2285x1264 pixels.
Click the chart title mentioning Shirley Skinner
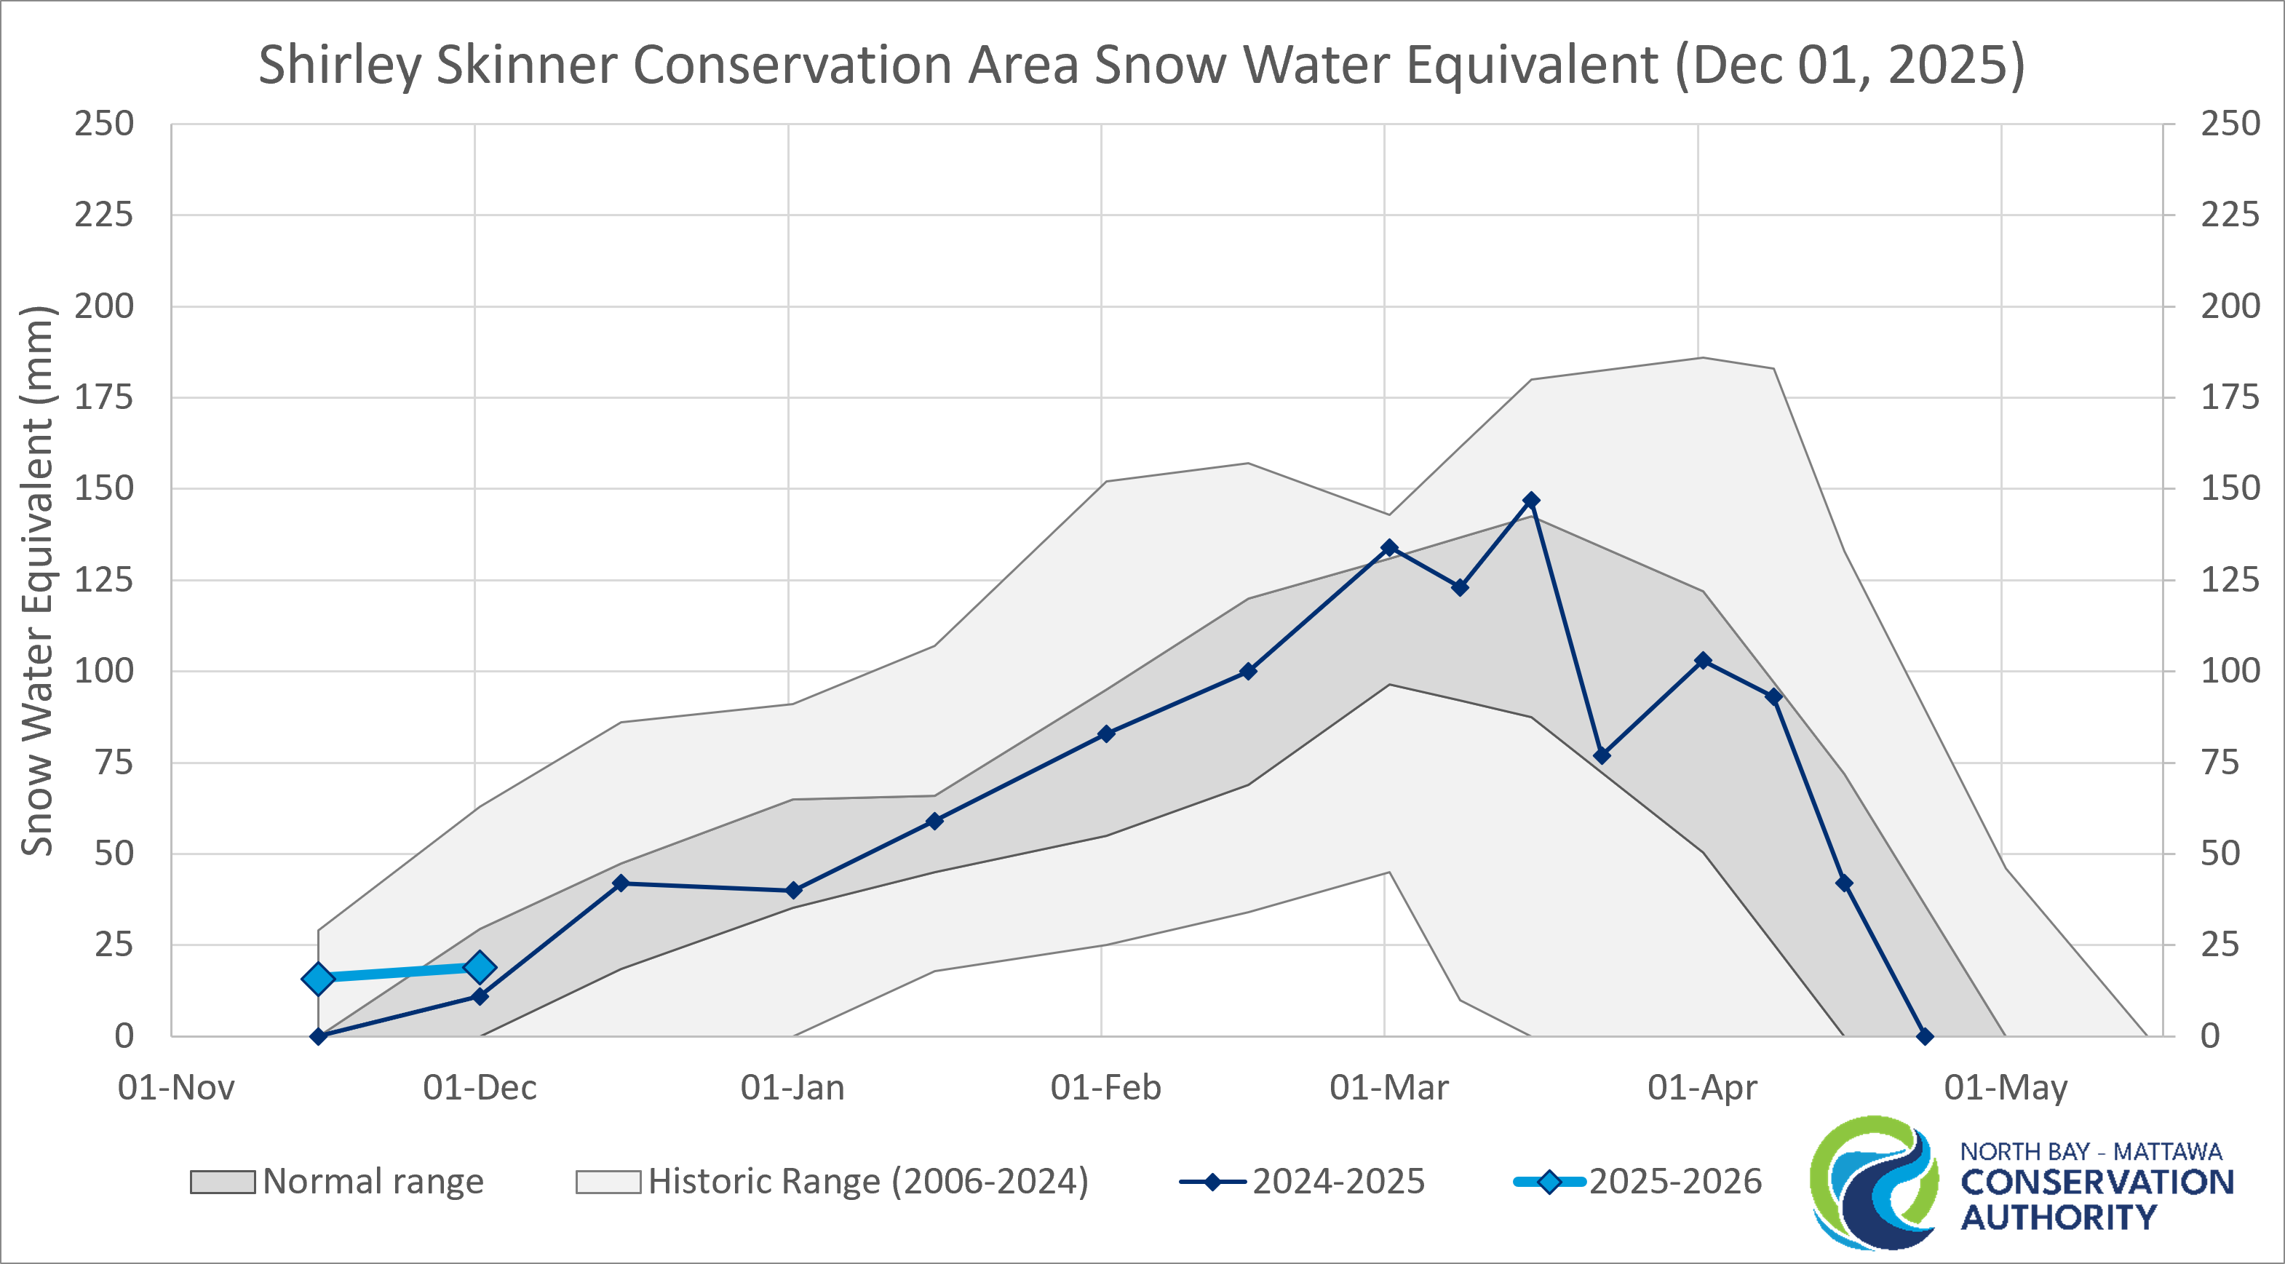1142,65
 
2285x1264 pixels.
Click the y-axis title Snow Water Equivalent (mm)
37,581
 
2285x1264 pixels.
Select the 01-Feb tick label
1105,1087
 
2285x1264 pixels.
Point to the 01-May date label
2006,1087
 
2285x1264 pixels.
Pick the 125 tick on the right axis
2230,580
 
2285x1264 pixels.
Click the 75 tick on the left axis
114,763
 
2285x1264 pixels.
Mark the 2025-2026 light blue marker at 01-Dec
480,967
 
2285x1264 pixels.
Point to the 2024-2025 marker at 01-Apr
1702,661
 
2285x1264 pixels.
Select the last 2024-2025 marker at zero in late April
1925,1036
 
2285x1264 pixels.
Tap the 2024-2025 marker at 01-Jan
794,891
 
